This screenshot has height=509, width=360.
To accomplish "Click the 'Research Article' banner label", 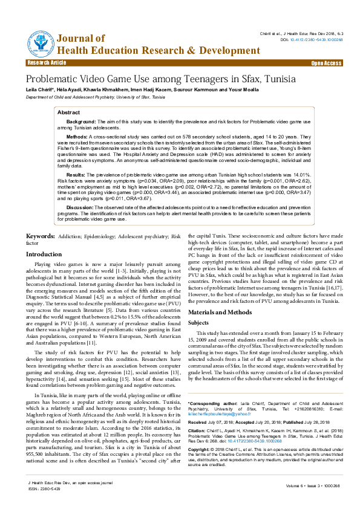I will tap(47, 63).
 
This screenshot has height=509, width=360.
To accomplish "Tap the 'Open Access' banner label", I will tap(326, 63).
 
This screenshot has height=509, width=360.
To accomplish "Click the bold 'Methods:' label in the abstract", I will tap(77, 137).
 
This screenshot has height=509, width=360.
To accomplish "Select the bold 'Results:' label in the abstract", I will tap(76, 175).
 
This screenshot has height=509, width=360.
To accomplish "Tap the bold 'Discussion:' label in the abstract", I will tap(80, 207).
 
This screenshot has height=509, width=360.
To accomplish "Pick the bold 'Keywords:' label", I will tap(41, 235).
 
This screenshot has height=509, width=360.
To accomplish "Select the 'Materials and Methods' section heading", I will tap(220, 311).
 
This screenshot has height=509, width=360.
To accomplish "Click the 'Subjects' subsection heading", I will tap(199, 323).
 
